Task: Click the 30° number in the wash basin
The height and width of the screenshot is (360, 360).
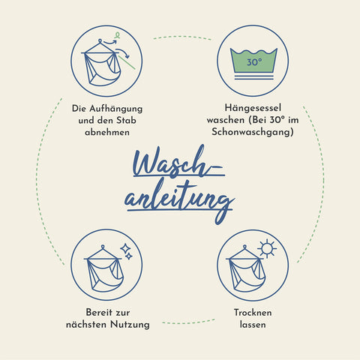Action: (254, 61)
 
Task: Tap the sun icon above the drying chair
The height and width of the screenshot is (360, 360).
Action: (267, 248)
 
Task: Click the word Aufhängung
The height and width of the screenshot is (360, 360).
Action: (115, 109)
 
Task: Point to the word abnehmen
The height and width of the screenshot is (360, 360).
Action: (107, 132)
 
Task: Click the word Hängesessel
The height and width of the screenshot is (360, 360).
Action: (253, 108)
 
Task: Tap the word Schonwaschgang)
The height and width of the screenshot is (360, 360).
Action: (253, 132)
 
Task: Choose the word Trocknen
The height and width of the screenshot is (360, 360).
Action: (253, 313)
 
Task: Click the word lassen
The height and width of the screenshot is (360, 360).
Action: (253, 325)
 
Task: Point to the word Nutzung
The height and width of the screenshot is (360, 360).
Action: (130, 325)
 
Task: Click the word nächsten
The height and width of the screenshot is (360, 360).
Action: (87, 325)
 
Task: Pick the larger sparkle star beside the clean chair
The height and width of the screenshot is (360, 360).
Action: (125, 248)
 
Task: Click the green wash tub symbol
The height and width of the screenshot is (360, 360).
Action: (253, 60)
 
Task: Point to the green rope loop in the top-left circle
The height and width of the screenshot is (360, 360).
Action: (117, 35)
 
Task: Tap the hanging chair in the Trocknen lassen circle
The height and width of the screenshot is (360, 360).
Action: (245, 269)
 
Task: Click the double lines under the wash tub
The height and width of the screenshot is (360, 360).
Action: (253, 77)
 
